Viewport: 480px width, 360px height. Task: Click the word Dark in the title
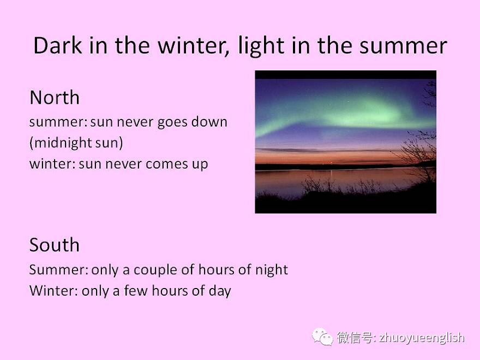pyautogui.click(x=58, y=45)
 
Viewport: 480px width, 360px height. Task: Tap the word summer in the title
pyautogui.click(x=403, y=46)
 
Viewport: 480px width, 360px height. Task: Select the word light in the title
pyautogui.click(x=261, y=46)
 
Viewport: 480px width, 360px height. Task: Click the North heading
pyautogui.click(x=55, y=98)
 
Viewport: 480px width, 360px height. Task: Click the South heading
pyautogui.click(x=55, y=245)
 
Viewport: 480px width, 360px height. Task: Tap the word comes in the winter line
pyautogui.click(x=166, y=164)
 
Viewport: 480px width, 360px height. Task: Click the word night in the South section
pyautogui.click(x=272, y=271)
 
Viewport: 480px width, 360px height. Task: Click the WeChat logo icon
pyautogui.click(x=322, y=337)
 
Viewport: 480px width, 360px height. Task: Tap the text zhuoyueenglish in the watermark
pyautogui.click(x=422, y=338)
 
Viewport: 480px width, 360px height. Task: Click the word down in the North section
pyautogui.click(x=209, y=122)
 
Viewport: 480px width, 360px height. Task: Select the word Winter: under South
pyautogui.click(x=53, y=291)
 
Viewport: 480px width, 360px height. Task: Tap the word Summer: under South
pyautogui.click(x=59, y=269)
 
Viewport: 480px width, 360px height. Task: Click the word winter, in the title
pyautogui.click(x=194, y=46)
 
